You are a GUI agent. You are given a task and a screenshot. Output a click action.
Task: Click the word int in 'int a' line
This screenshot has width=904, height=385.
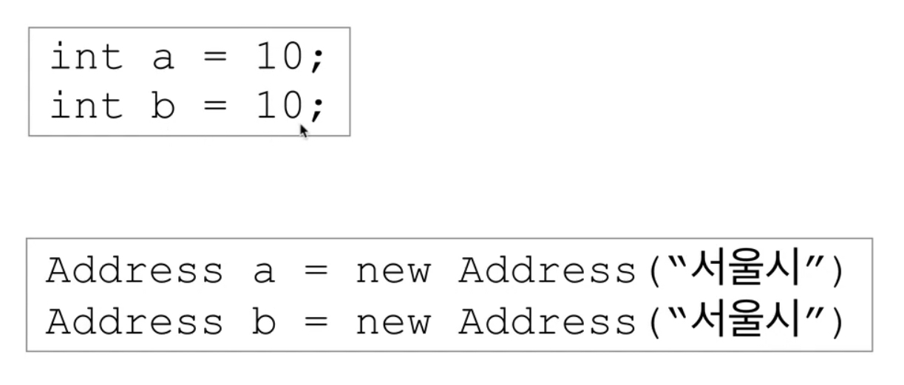tap(86, 58)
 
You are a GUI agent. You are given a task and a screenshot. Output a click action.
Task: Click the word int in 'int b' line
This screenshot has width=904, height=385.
tap(86, 107)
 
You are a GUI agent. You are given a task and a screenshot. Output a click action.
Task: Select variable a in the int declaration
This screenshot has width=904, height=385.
tap(163, 61)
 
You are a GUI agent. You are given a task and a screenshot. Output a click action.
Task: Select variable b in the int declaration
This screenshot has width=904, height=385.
tap(163, 107)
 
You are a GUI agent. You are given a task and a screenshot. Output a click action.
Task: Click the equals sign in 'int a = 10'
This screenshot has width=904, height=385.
tap(214, 60)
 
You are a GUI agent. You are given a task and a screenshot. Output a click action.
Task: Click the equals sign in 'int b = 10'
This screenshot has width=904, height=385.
tap(214, 109)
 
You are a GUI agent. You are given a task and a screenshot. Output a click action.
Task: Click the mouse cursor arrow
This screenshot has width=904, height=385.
tap(303, 130)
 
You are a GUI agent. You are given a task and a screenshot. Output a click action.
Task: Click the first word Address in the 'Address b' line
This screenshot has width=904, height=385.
tap(134, 322)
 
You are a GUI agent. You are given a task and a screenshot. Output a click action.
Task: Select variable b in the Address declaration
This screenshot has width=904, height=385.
tap(263, 322)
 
